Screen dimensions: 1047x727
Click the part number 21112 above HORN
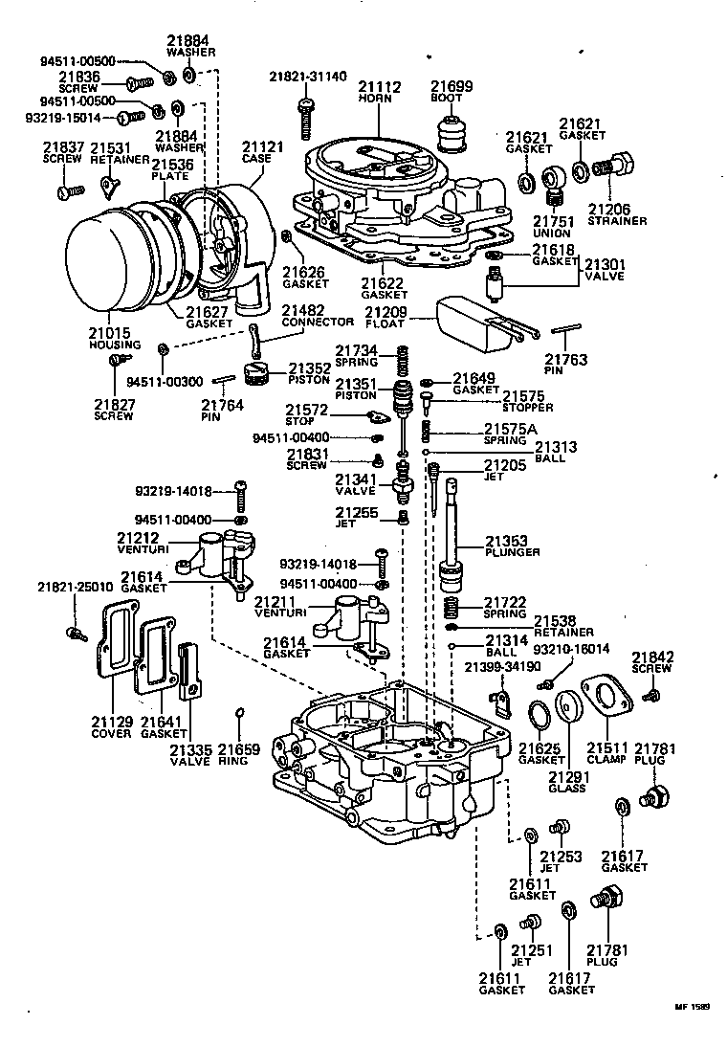pos(380,86)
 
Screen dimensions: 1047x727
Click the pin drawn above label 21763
pos(568,329)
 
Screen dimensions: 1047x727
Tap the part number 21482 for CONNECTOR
pos(303,310)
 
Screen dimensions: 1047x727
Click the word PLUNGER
pos(512,552)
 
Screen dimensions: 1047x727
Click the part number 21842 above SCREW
pos(653,657)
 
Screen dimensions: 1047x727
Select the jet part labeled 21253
pos(561,826)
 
